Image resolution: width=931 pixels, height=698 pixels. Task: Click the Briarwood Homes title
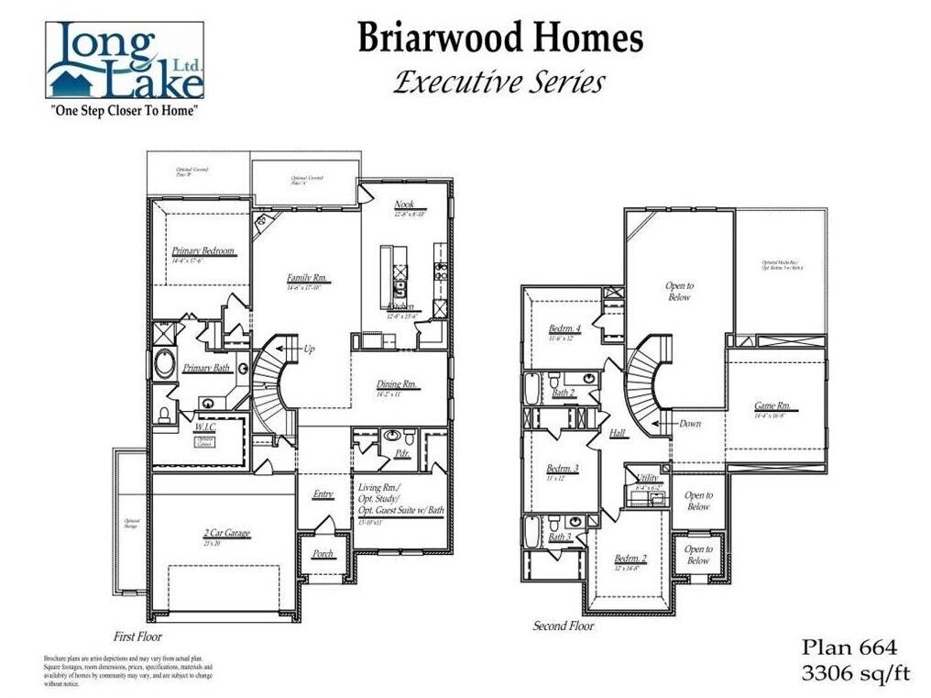pos(499,39)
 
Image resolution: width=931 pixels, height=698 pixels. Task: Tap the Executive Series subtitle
pos(499,83)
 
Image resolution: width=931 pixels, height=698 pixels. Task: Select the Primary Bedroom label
pos(203,250)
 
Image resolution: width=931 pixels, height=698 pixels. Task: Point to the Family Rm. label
pos(307,279)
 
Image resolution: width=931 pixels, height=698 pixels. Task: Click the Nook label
pos(404,204)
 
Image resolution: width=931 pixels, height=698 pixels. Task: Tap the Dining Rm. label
pos(397,384)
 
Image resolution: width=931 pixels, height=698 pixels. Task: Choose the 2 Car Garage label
pos(226,533)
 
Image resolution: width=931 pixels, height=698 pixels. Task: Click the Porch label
pos(323,554)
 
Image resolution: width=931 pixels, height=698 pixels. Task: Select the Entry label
pos(323,494)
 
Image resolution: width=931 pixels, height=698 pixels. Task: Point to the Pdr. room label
pos(400,453)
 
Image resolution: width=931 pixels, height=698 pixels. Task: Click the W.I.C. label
pos(204,427)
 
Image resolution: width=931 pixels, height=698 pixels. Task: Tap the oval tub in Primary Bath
pos(166,365)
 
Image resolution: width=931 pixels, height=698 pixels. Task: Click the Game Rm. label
pos(772,406)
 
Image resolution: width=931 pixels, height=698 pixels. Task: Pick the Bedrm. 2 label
pos(630,559)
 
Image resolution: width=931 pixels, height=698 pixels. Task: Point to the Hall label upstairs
pos(618,433)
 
